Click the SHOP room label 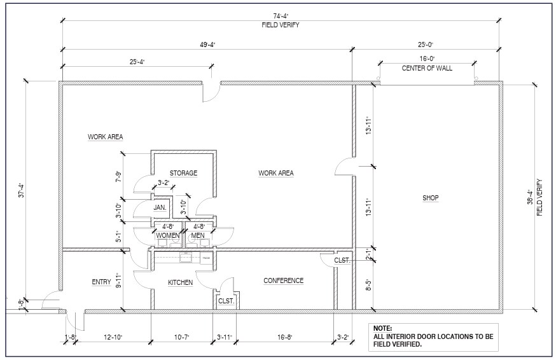tap(431, 198)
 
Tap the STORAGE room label tap(183, 173)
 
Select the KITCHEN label tap(180, 282)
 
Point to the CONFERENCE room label tap(283, 280)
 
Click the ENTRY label tap(101, 282)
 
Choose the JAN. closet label tap(160, 207)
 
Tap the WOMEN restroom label tap(168, 236)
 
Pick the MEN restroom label tap(198, 236)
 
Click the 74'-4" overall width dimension tap(279, 17)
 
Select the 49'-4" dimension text tap(207, 45)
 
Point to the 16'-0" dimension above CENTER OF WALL tap(426, 59)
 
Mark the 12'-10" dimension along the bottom tap(113, 337)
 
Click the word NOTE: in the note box tap(383, 329)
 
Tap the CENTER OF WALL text tap(427, 68)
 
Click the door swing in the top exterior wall tap(211, 93)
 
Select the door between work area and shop tap(344, 167)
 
